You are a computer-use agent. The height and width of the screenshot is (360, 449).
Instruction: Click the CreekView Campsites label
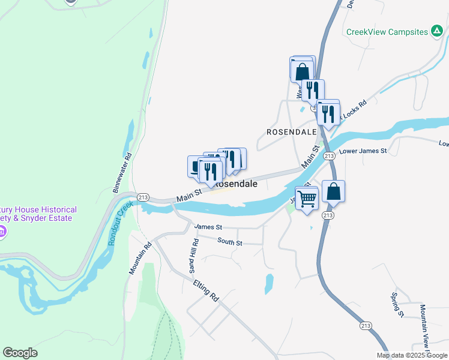387,32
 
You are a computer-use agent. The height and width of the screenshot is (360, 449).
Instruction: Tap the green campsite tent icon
437,32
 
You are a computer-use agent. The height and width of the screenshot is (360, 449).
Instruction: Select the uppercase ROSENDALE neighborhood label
291,131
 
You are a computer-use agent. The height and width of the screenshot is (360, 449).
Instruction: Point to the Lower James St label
363,151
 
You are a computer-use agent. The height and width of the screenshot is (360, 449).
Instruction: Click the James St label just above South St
208,227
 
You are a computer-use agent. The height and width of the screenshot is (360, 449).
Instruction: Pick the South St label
229,242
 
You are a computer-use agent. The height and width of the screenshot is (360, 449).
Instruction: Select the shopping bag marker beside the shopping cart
334,192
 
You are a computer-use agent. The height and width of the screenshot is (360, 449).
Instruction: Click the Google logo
20,353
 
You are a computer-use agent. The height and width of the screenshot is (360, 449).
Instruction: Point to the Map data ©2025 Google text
411,355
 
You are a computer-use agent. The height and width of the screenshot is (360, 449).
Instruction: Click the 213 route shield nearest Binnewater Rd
143,197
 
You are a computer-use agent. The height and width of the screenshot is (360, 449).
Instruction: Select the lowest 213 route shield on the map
366,325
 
